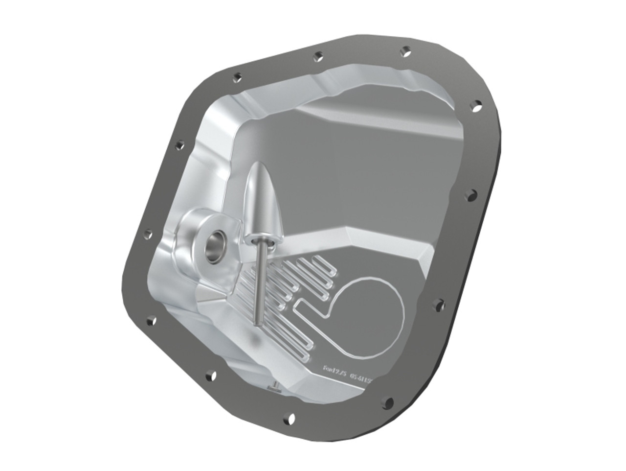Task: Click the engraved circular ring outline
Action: (x=372, y=313)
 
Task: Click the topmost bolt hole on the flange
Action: (x=405, y=49)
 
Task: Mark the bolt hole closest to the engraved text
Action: (x=388, y=402)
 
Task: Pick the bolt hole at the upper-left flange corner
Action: (x=237, y=77)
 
